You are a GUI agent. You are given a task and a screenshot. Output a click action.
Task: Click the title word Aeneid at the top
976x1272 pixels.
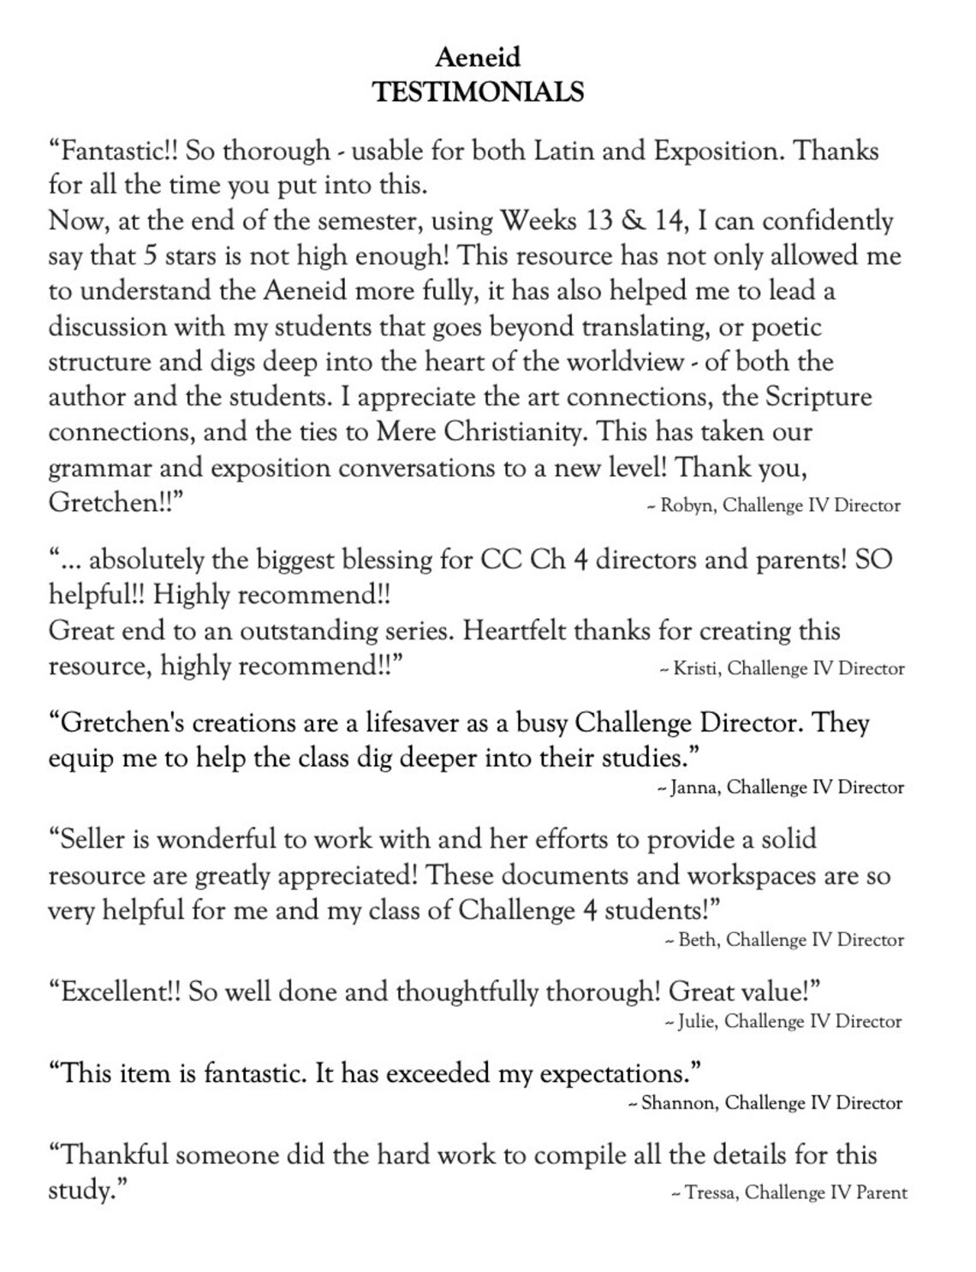pyautogui.click(x=478, y=57)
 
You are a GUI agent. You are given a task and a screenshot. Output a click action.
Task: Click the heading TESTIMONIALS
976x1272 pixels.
pyautogui.click(x=478, y=92)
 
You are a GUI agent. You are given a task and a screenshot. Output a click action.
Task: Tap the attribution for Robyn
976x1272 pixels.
pyautogui.click(x=773, y=505)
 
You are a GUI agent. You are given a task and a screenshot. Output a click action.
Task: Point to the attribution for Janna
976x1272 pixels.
pyautogui.click(x=780, y=787)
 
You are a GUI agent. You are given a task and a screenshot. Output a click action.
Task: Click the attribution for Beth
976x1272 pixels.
pyautogui.click(x=784, y=940)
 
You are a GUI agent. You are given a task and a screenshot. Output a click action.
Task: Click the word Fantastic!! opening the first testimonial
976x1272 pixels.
pyautogui.click(x=115, y=151)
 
